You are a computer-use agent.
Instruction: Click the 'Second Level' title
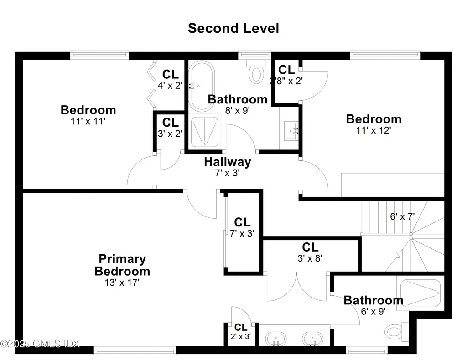pyautogui.click(x=233, y=28)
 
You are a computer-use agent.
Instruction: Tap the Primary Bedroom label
pyautogui.click(x=122, y=265)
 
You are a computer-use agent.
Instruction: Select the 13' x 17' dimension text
pyautogui.click(x=122, y=283)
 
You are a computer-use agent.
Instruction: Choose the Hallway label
pyautogui.click(x=227, y=162)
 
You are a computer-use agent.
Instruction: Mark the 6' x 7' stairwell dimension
pyautogui.click(x=402, y=217)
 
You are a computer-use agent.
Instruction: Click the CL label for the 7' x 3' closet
pyautogui.click(x=242, y=222)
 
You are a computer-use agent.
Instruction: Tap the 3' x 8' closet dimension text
pyautogui.click(x=310, y=258)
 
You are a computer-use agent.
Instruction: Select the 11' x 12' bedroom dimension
pyautogui.click(x=374, y=129)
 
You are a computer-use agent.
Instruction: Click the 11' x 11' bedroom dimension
pyautogui.click(x=88, y=121)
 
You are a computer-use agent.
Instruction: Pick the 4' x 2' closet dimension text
pyautogui.click(x=170, y=85)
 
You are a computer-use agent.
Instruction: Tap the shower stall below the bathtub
pyautogui.click(x=204, y=132)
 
